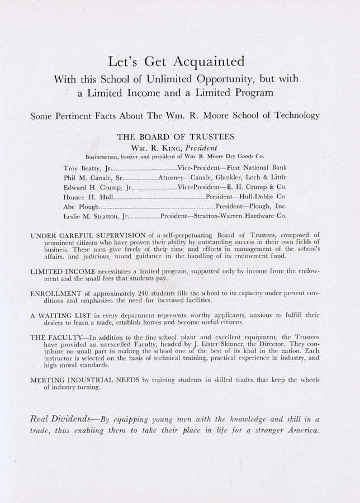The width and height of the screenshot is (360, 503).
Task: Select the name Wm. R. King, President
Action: click(x=176, y=147)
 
